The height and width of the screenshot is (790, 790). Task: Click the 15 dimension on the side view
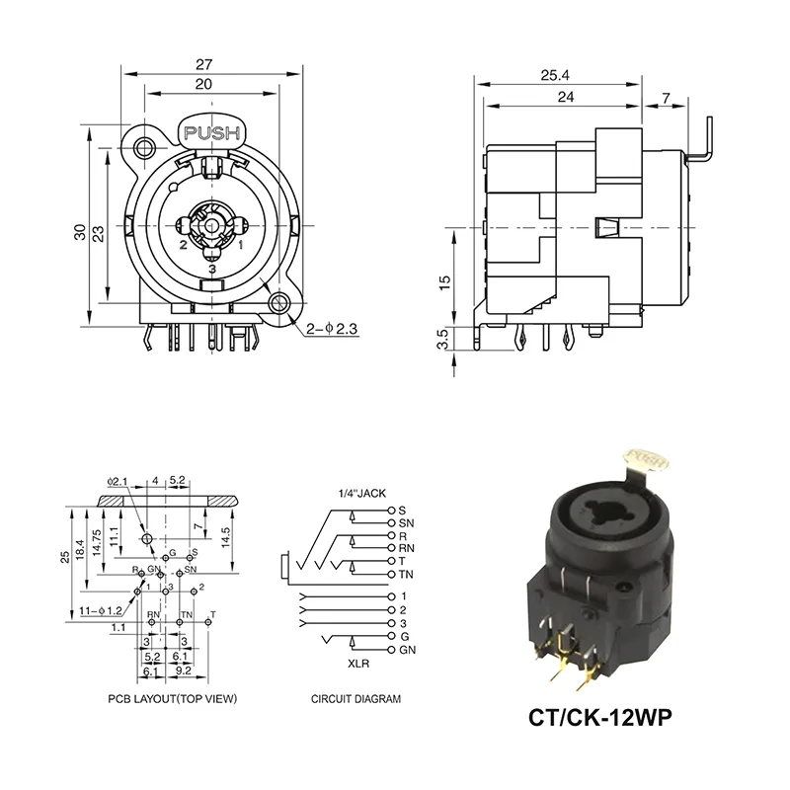tap(444, 280)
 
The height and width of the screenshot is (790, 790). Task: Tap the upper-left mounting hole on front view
tap(145, 149)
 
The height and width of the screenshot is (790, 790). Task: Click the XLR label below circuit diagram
tap(358, 664)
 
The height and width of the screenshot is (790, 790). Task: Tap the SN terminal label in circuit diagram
tap(406, 521)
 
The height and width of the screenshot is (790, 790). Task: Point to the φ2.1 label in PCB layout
tap(118, 482)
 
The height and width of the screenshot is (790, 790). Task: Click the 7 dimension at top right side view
tap(667, 97)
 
